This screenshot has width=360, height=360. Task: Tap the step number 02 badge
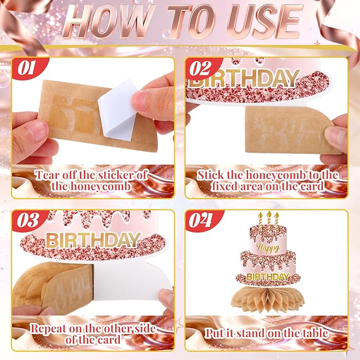click(x=200, y=68)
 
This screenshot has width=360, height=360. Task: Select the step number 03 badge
click(x=28, y=220)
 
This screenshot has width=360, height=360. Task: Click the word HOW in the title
click(x=108, y=21)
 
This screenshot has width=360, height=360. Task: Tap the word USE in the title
click(x=264, y=21)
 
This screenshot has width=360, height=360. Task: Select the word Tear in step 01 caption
click(x=48, y=175)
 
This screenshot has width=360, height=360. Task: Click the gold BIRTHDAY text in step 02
click(x=244, y=78)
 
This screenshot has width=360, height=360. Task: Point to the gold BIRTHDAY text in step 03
click(x=93, y=240)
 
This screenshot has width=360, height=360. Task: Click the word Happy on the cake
click(x=268, y=248)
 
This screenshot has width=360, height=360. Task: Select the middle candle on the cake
click(x=269, y=219)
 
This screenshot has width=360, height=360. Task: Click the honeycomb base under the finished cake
click(x=268, y=298)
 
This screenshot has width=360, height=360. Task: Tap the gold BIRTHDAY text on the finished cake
click(x=268, y=277)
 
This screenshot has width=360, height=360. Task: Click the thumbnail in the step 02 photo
click(x=336, y=135)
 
